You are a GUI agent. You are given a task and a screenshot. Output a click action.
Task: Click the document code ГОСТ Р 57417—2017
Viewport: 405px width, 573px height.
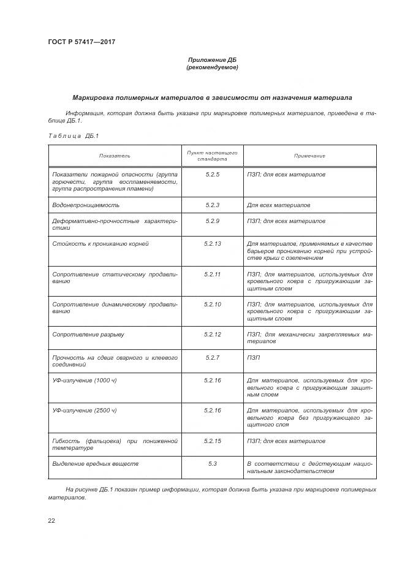click(x=81, y=42)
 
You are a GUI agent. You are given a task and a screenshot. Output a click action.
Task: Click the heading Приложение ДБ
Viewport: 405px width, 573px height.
click(x=212, y=60)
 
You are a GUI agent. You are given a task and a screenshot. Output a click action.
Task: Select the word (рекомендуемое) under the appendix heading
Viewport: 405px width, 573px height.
click(x=212, y=67)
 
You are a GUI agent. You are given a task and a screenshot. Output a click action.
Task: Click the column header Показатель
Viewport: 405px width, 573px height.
click(x=115, y=156)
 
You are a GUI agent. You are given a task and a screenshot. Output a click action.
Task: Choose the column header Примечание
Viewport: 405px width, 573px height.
click(x=309, y=156)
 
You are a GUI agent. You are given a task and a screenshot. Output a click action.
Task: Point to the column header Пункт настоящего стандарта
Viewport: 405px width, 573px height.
click(x=212, y=155)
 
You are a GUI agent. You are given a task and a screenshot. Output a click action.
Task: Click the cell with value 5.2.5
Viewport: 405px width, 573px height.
click(x=212, y=175)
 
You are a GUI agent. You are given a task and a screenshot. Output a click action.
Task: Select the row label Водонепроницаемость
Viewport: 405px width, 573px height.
click(x=86, y=205)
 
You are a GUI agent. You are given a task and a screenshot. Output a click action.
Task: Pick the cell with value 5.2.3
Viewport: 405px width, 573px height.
click(x=212, y=205)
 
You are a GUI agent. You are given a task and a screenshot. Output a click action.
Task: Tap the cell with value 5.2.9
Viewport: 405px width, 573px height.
click(x=212, y=221)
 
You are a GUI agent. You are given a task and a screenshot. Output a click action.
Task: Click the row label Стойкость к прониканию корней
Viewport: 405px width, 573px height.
click(x=100, y=244)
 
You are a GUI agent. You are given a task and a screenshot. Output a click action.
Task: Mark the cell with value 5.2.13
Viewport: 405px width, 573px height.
click(x=212, y=244)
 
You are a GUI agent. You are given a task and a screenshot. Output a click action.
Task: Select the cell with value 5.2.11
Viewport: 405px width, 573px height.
click(x=212, y=274)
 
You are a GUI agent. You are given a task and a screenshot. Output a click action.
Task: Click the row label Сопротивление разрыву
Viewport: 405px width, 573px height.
click(x=88, y=334)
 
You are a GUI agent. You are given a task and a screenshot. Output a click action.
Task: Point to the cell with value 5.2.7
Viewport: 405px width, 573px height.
click(x=212, y=357)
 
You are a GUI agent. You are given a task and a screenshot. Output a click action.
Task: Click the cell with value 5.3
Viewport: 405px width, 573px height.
click(x=212, y=464)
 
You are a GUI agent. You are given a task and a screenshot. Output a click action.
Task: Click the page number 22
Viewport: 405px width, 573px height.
click(x=51, y=520)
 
